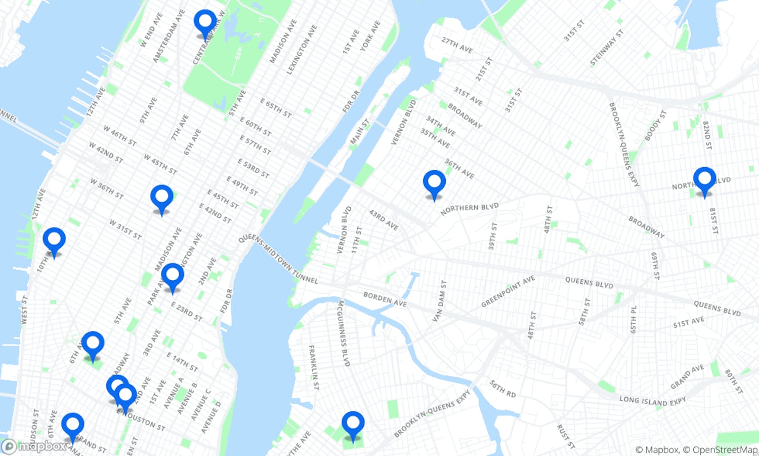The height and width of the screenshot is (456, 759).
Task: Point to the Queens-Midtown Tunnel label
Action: pyautogui.click(x=278, y=258)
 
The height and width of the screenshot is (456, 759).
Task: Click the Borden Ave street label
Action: pyautogui.click(x=385, y=299)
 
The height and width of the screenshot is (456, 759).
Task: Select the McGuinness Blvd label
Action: pyautogui.click(x=344, y=333)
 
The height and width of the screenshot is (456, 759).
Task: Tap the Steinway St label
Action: pyautogui.click(x=607, y=48)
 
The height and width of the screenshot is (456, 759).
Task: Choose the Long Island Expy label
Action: pyautogui.click(x=653, y=401)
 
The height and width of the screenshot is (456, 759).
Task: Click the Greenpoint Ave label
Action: pyautogui.click(x=508, y=291)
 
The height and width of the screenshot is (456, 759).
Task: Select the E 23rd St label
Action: pyautogui.click(x=186, y=312)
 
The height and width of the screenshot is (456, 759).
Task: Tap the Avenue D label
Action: pyautogui.click(x=211, y=417)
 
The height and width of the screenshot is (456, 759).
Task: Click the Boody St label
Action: pyautogui.click(x=655, y=126)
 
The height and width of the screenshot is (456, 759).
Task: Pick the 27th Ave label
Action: pyautogui.click(x=456, y=45)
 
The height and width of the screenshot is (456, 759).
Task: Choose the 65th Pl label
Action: pyautogui.click(x=634, y=319)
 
